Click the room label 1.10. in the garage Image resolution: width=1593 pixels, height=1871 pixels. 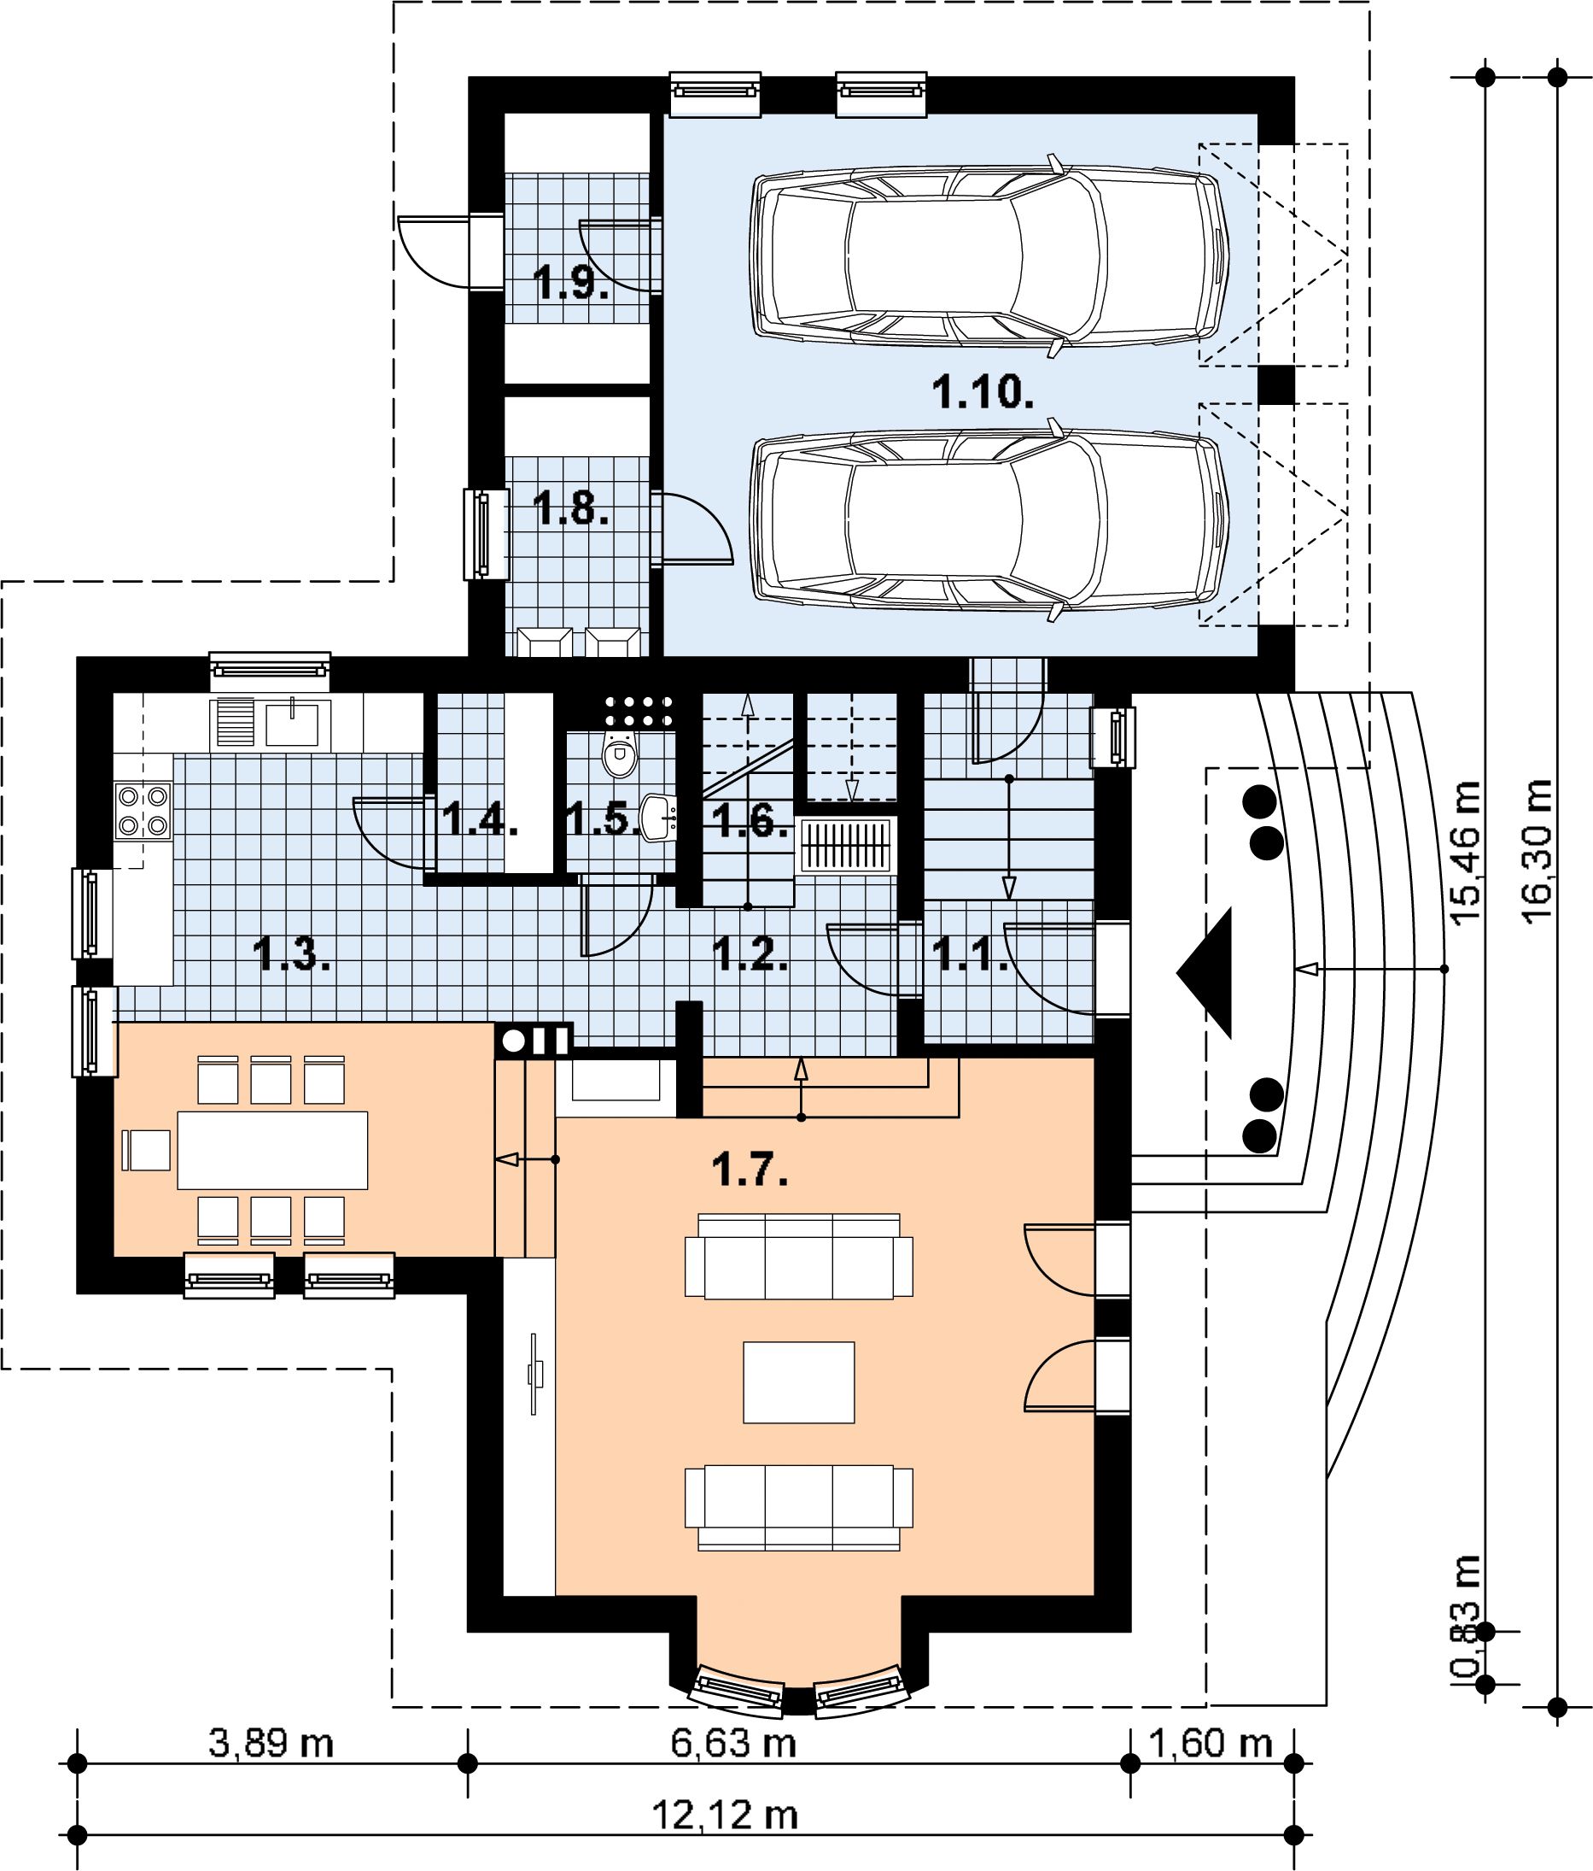982,394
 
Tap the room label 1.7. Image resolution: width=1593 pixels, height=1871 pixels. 749,1171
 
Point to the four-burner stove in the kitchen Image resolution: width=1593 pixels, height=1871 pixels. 143,811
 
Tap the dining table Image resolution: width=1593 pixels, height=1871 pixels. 272,1149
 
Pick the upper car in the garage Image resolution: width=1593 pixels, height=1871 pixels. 990,252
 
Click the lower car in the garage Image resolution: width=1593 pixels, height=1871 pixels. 990,519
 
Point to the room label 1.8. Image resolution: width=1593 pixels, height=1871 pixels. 570,509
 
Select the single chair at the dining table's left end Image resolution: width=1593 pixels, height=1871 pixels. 146,1149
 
